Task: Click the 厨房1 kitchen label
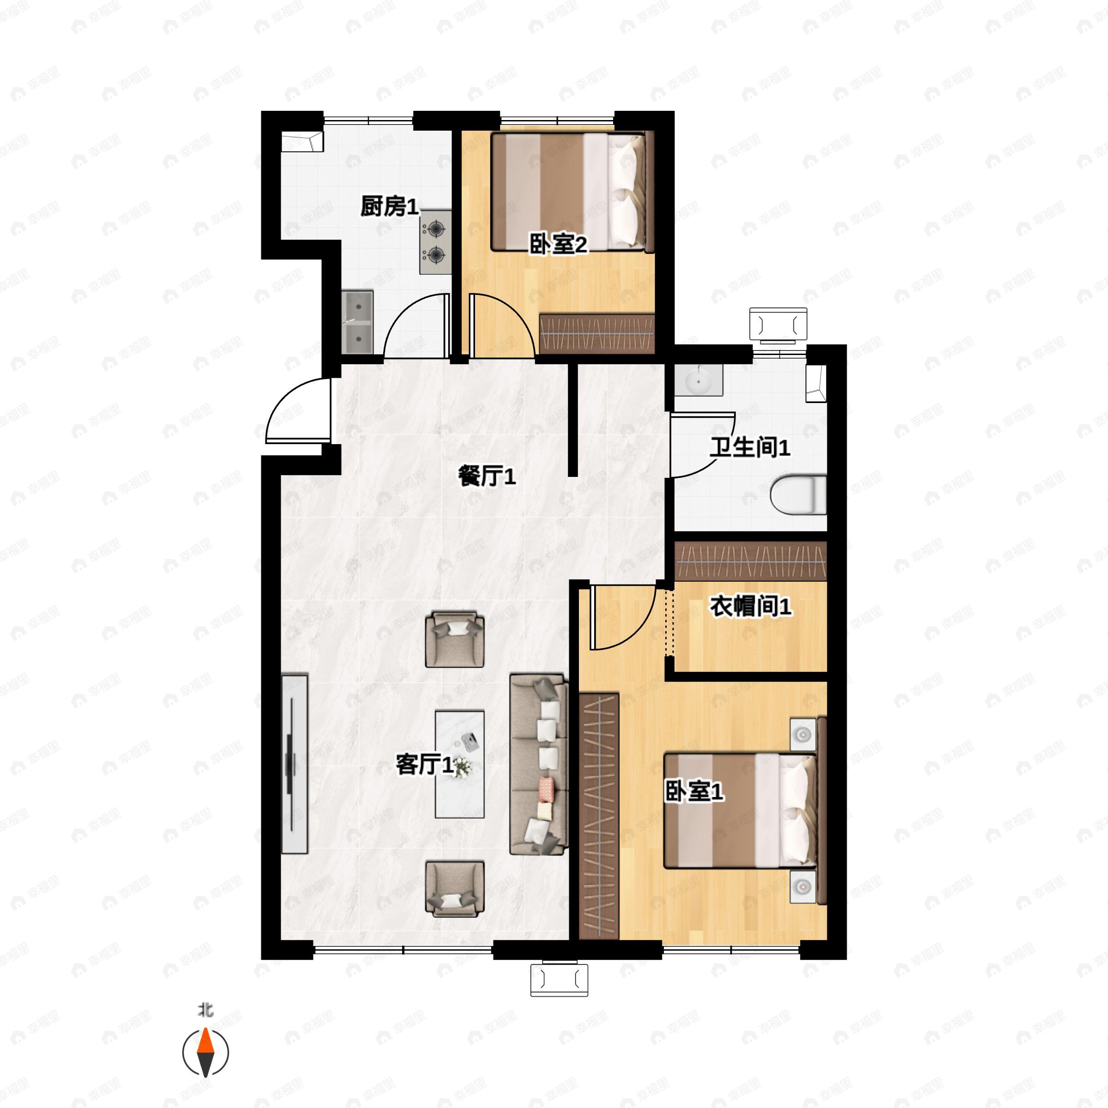389,206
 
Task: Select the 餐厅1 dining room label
487,476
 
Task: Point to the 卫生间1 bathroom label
750,447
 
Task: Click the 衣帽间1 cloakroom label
751,606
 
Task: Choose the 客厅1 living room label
425,765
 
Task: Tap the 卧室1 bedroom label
694,792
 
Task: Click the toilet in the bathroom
798,494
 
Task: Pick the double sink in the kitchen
358,322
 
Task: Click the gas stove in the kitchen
435,241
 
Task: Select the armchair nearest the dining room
455,639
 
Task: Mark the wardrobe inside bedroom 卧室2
597,333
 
